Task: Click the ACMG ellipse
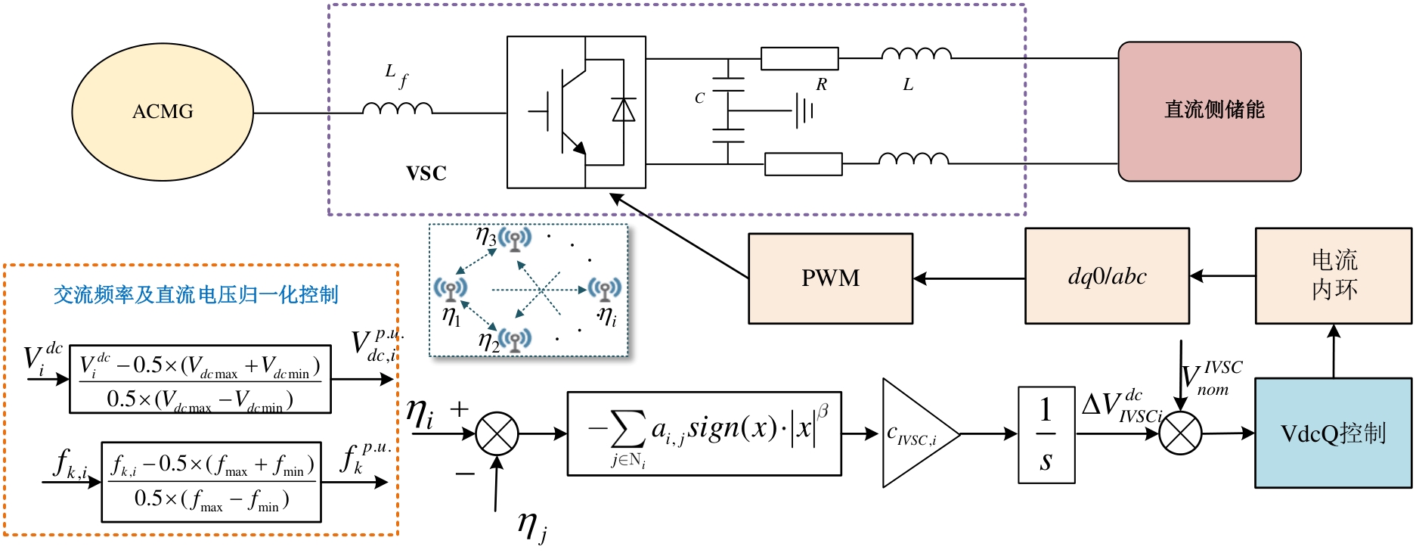(x=163, y=112)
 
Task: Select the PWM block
(x=830, y=278)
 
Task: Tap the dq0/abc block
(x=1107, y=277)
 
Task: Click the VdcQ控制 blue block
(x=1333, y=433)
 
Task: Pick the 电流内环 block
(x=1334, y=276)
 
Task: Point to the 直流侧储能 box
(x=1210, y=111)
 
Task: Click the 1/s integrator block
(x=1046, y=436)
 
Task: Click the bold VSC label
(x=426, y=173)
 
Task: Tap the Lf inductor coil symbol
(x=397, y=109)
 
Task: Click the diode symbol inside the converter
(x=624, y=110)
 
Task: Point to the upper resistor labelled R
(x=799, y=59)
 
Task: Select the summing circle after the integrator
(x=1180, y=433)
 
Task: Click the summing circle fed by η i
(x=497, y=433)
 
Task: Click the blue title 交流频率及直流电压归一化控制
(x=196, y=295)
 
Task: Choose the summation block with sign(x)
(x=704, y=433)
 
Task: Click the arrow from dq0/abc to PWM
(x=968, y=278)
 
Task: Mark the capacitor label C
(x=699, y=98)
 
